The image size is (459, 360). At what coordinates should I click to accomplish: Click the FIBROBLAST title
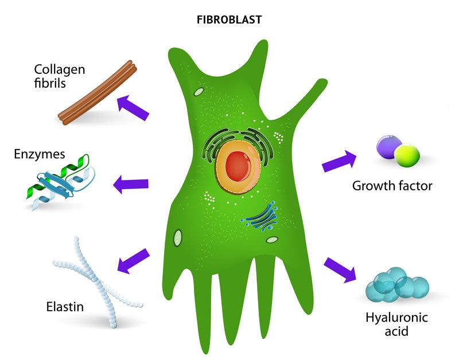(229, 20)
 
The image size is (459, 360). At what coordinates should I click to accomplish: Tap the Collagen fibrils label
(59, 76)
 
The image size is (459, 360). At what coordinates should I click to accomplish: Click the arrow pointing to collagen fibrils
(133, 107)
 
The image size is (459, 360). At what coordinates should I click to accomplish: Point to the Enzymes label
(40, 154)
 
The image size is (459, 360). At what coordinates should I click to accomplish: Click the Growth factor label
(392, 185)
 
